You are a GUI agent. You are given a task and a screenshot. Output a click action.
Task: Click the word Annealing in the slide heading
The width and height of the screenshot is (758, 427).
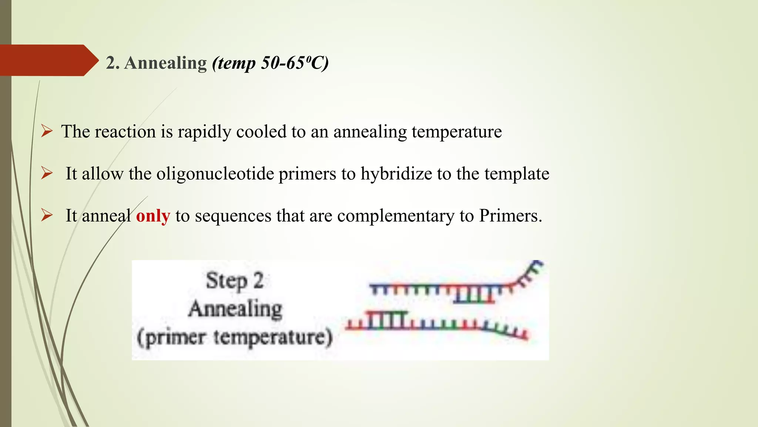(165, 63)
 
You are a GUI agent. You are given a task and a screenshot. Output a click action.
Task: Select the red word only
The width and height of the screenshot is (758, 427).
(153, 216)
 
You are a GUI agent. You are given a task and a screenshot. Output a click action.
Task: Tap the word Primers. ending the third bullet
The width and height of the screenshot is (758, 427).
(510, 216)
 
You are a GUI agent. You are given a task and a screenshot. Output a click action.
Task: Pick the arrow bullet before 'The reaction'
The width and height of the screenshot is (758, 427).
(47, 131)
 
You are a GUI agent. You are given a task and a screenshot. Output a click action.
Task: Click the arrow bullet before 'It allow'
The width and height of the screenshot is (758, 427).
(47, 173)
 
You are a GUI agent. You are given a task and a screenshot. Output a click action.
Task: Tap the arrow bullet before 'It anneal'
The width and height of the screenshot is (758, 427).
(47, 215)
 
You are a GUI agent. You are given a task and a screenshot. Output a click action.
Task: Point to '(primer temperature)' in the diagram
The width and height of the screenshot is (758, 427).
(235, 337)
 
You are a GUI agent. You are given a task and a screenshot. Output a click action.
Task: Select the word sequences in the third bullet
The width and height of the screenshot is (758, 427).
(233, 216)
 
